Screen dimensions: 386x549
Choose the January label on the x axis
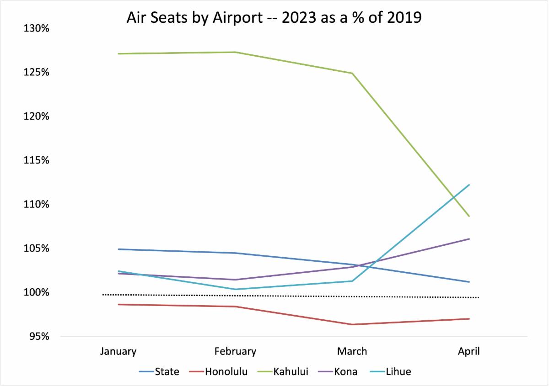118,351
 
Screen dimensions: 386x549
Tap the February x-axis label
235,351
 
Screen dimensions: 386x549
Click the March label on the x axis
352,351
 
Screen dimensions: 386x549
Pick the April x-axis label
469,351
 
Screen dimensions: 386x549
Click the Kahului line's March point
352,73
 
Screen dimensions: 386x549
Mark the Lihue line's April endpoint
469,185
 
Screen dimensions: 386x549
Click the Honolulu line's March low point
352,324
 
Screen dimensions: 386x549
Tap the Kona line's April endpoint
469,239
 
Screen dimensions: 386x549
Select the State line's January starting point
118,249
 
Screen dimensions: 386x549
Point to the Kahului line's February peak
235,52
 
